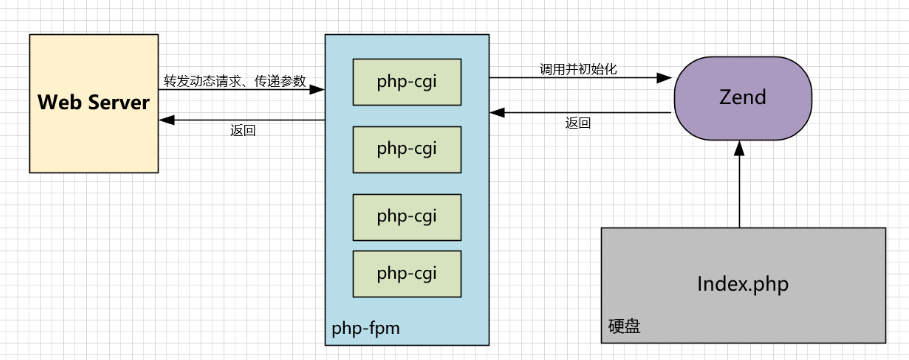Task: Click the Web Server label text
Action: pyautogui.click(x=94, y=102)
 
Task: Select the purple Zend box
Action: pyautogui.click(x=742, y=98)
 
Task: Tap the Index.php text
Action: pyautogui.click(x=742, y=284)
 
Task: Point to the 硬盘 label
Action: pyautogui.click(x=624, y=326)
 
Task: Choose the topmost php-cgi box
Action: pyautogui.click(x=407, y=80)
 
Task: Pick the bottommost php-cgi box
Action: pyautogui.click(x=407, y=273)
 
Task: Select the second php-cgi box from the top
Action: pyautogui.click(x=407, y=149)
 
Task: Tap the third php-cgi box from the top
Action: pyautogui.click(x=407, y=216)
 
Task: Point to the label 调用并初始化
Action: pyautogui.click(x=578, y=69)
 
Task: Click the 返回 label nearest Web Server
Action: pyautogui.click(x=242, y=131)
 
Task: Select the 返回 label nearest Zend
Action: pyautogui.click(x=577, y=124)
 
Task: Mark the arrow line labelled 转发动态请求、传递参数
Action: pyautogui.click(x=240, y=90)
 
